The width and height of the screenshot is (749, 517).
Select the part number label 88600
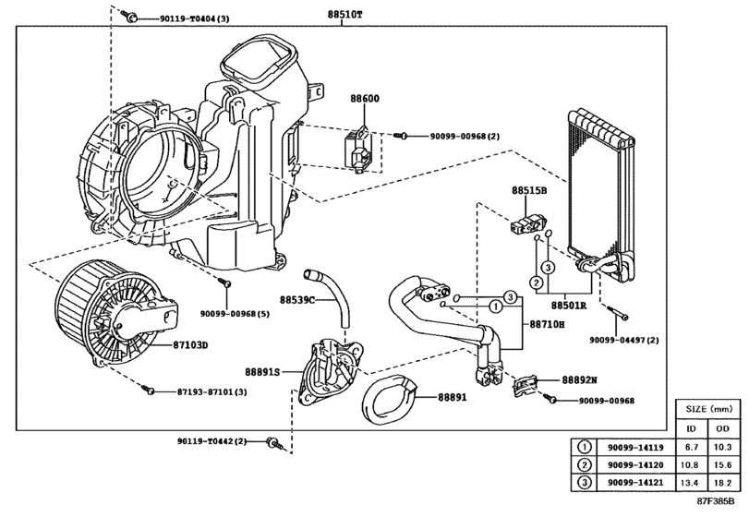click(x=364, y=98)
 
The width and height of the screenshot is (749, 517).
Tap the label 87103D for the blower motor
click(x=191, y=345)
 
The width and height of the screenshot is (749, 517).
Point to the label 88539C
click(x=297, y=300)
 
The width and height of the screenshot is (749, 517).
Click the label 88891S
click(x=264, y=370)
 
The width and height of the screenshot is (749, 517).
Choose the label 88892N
click(x=580, y=379)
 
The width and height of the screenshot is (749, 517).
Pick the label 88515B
click(x=529, y=190)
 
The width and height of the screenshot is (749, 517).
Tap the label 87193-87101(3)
click(x=211, y=392)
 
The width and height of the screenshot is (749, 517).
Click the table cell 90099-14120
click(x=638, y=464)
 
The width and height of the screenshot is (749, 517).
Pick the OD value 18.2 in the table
click(x=720, y=482)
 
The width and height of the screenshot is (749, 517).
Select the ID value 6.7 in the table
click(x=690, y=447)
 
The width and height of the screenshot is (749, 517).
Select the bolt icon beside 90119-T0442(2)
click(x=272, y=443)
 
